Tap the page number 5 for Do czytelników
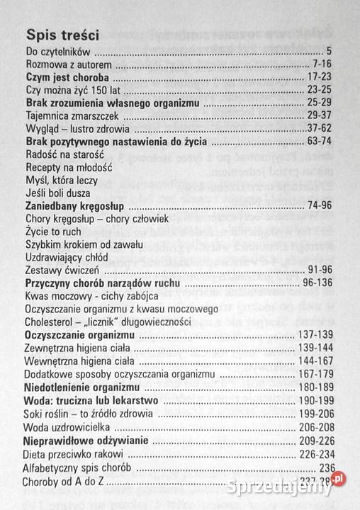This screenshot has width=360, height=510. [x=330, y=52]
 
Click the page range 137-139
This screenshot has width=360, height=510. [x=314, y=334]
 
